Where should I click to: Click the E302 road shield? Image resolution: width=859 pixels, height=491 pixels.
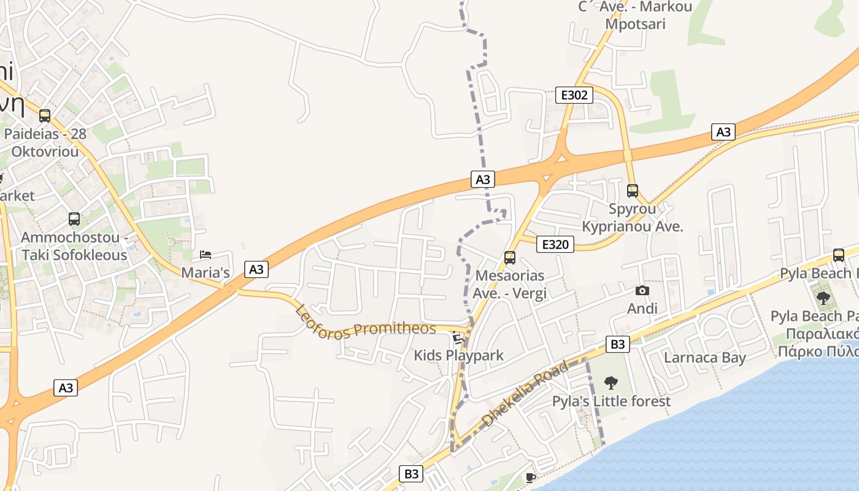click(x=574, y=95)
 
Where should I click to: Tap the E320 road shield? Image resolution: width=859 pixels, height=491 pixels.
click(x=555, y=244)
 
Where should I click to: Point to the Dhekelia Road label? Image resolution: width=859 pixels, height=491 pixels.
click(x=526, y=394)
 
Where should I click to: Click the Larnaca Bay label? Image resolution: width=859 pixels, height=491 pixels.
click(x=705, y=357)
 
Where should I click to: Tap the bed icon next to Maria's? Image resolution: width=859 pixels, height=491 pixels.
click(x=206, y=255)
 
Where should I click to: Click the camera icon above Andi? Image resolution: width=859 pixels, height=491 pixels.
click(x=642, y=291)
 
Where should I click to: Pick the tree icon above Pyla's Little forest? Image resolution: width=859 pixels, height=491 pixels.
click(x=611, y=383)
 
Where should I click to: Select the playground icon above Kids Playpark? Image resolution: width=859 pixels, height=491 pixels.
click(x=458, y=338)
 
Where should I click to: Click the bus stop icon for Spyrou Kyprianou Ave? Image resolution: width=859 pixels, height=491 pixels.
click(x=633, y=191)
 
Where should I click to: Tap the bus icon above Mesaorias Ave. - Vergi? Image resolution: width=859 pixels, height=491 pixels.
click(x=509, y=258)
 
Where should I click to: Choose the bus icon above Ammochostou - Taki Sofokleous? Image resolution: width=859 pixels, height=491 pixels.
click(x=74, y=219)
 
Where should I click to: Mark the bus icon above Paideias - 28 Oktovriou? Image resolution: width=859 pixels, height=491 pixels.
click(x=45, y=115)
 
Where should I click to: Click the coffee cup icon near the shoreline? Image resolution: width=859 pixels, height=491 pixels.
click(x=531, y=477)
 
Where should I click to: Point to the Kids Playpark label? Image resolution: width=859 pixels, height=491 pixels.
click(x=458, y=355)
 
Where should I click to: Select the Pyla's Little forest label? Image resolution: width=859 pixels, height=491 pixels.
click(x=612, y=401)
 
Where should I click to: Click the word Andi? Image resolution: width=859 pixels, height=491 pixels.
click(x=642, y=308)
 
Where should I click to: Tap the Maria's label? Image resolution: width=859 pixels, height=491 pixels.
click(x=206, y=273)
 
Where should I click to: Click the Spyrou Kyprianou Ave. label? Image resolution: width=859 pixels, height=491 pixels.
click(x=632, y=217)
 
